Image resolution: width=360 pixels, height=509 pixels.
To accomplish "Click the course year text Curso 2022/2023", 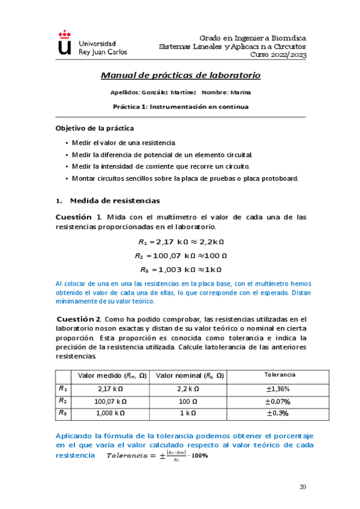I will pyautogui.click(x=278, y=55).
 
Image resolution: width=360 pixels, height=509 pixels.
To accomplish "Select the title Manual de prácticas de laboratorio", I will pyautogui.click(x=180, y=76).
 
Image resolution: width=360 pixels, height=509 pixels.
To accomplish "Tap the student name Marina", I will pyautogui.click(x=239, y=93).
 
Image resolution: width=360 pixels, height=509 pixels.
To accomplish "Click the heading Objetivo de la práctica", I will pyautogui.click(x=94, y=128).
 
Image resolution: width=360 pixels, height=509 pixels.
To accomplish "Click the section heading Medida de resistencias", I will pyautogui.click(x=115, y=200).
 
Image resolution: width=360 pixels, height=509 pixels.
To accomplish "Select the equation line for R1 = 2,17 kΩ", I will pyautogui.click(x=181, y=242).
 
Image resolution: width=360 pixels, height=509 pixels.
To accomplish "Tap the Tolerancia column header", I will pyautogui.click(x=280, y=375).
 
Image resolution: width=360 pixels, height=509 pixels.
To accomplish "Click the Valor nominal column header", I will pyautogui.click(x=190, y=376).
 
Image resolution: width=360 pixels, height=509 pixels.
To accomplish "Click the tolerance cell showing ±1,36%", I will pyautogui.click(x=280, y=388).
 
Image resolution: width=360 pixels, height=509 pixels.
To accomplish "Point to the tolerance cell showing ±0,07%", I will pyautogui.click(x=280, y=401).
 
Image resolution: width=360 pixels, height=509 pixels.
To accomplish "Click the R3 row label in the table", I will pyautogui.click(x=62, y=412).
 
